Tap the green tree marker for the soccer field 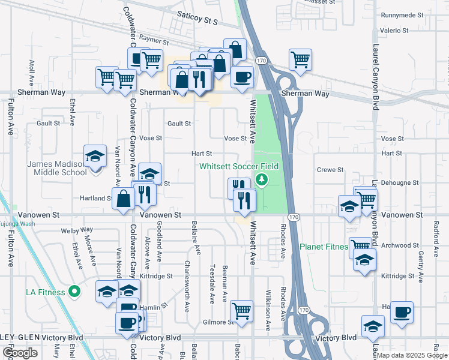click(x=261, y=179)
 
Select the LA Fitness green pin click(x=74, y=292)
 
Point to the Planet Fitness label click(x=324, y=247)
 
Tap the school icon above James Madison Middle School click(x=95, y=157)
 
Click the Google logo click(x=20, y=353)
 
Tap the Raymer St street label click(x=152, y=37)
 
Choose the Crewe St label click(x=330, y=170)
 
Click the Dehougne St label click(x=399, y=182)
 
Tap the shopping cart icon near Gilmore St click(x=241, y=311)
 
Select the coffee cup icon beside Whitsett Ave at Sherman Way click(x=242, y=77)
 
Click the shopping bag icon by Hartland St click(x=123, y=199)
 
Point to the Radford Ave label click(x=436, y=232)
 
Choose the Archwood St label click(x=399, y=245)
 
